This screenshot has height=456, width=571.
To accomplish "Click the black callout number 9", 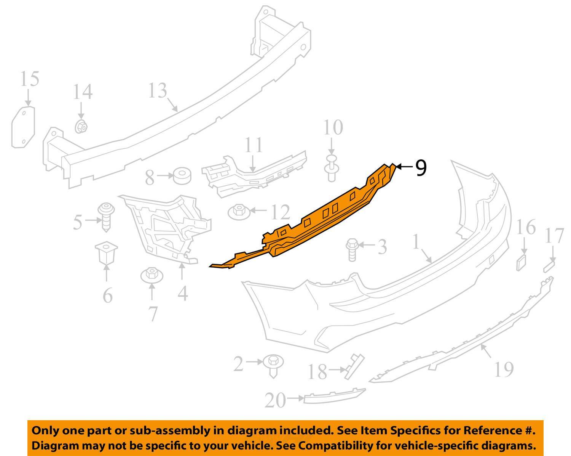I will pos(420,168).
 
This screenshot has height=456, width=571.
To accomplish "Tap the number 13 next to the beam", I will pos(157,91).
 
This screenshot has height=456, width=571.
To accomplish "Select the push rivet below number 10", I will pos(331,169).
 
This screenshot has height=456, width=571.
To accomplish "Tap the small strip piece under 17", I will pos(549,266).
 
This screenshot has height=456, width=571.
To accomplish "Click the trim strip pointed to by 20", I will pos(334,396).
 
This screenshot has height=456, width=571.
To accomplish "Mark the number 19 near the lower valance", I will pos(503,369).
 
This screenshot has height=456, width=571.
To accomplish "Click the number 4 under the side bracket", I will pos(183,293).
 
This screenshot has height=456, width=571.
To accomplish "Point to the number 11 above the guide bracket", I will pos(254,145).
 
